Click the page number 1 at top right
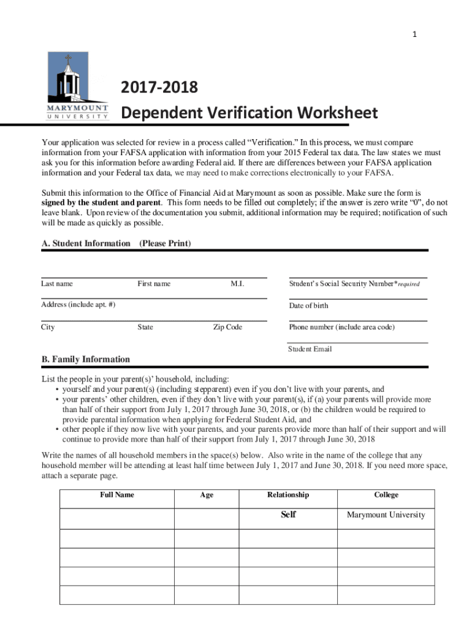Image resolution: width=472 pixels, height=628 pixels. pyautogui.click(x=414, y=34)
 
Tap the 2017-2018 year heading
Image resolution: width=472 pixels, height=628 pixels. pyautogui.click(x=159, y=88)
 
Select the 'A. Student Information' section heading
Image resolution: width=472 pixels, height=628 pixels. pyautogui.click(x=86, y=243)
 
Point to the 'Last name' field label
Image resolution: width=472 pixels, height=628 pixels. pyautogui.click(x=57, y=283)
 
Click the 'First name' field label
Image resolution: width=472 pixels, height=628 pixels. pyautogui.click(x=154, y=283)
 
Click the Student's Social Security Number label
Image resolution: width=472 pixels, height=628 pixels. pyautogui.click(x=354, y=283)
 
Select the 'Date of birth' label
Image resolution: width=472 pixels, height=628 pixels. pyautogui.click(x=308, y=305)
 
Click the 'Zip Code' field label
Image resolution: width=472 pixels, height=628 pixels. pyautogui.click(x=227, y=327)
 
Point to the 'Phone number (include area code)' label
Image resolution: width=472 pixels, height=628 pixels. pyautogui.click(x=341, y=327)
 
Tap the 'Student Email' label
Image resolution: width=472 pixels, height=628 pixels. pyautogui.click(x=310, y=349)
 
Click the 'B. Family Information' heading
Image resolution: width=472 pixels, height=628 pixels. pyautogui.click(x=85, y=359)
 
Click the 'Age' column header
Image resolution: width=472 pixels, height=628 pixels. pyautogui.click(x=207, y=495)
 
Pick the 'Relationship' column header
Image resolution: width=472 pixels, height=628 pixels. pyautogui.click(x=288, y=495)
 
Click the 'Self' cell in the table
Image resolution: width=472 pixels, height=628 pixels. pyautogui.click(x=288, y=515)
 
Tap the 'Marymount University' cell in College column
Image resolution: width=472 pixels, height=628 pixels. pyautogui.click(x=386, y=515)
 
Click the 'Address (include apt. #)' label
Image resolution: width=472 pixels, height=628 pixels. pyautogui.click(x=78, y=305)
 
